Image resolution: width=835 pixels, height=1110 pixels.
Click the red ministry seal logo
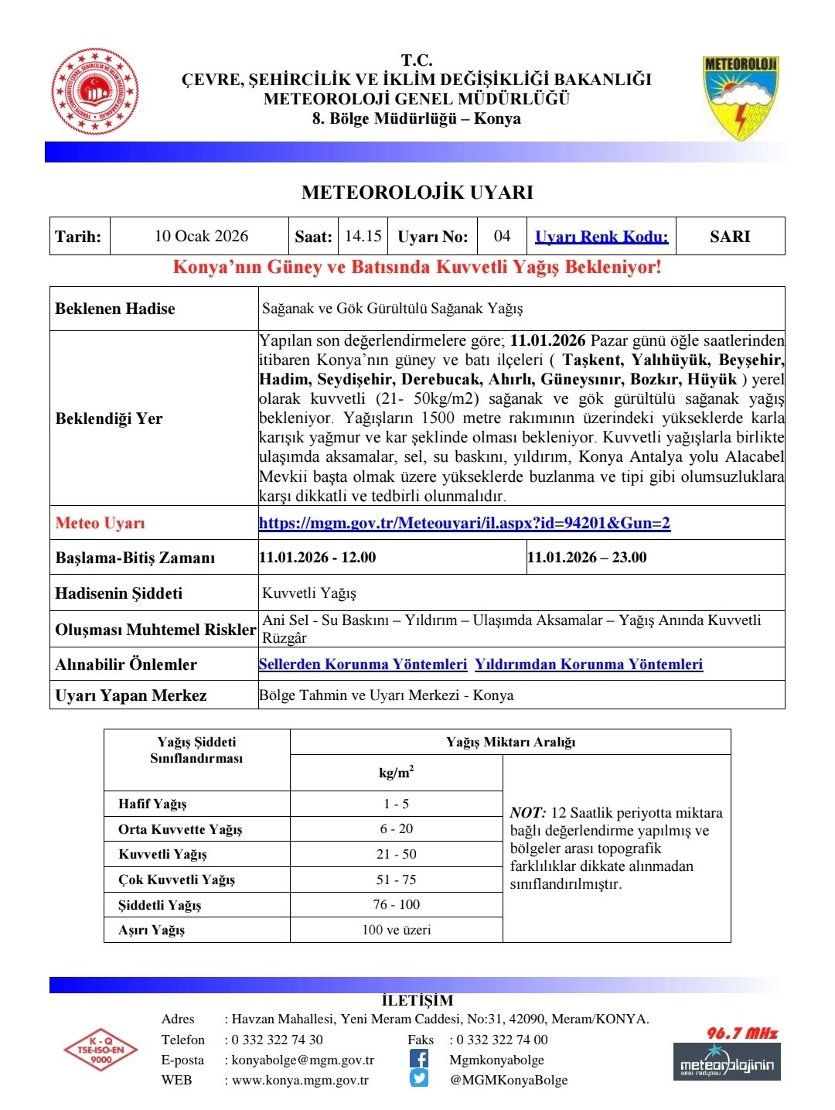click(94, 91)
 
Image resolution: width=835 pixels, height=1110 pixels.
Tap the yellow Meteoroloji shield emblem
click(740, 97)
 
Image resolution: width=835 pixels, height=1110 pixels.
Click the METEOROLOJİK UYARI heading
click(417, 193)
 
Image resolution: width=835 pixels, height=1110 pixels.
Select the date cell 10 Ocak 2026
click(201, 236)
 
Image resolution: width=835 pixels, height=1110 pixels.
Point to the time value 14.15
click(363, 236)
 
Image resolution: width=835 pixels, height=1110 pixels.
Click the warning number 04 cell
click(502, 236)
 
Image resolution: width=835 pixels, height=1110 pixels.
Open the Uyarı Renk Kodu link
click(602, 237)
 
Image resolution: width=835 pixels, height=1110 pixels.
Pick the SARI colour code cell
click(730, 237)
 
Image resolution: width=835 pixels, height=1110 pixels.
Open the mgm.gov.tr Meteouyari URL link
click(465, 523)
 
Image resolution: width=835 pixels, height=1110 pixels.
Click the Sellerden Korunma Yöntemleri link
click(363, 664)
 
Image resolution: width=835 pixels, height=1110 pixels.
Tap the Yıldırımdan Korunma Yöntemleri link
click(588, 664)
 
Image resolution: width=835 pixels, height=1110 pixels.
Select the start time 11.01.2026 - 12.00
click(318, 558)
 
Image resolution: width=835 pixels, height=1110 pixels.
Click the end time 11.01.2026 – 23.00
click(587, 558)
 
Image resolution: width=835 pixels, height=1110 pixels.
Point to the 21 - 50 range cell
click(396, 854)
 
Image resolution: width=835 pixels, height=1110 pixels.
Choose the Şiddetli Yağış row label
click(160, 905)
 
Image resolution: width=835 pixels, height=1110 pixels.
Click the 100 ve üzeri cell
click(396, 930)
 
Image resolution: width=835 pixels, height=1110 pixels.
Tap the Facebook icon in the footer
click(418, 1059)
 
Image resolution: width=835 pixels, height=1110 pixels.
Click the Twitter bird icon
click(418, 1079)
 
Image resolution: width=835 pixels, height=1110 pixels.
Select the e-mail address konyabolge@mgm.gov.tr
click(303, 1060)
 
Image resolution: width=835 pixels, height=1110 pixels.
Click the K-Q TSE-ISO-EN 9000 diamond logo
click(101, 1050)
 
